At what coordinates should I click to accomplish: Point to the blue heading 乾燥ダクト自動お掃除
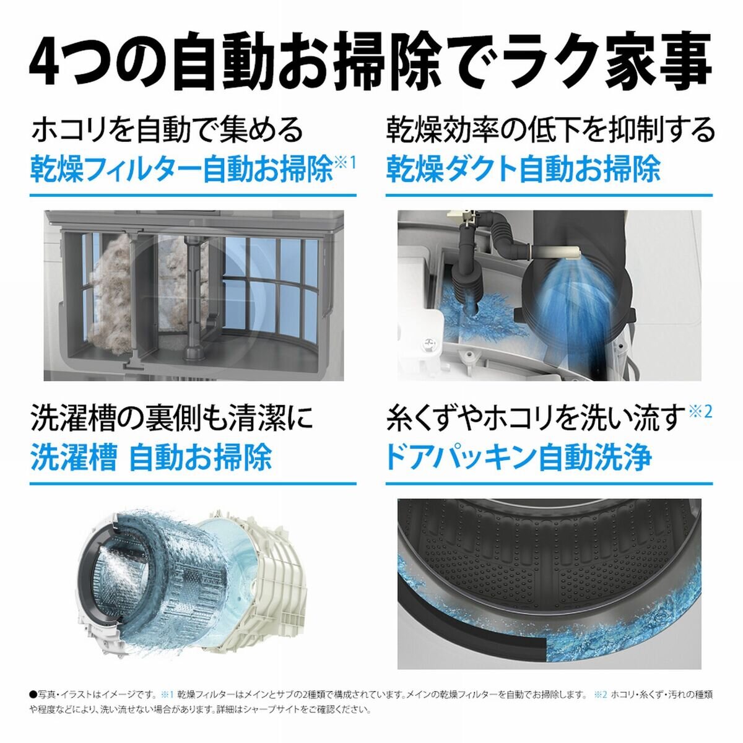coord(523,169)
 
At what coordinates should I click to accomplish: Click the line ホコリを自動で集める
coord(167,129)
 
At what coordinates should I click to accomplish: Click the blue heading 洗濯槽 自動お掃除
coord(151,458)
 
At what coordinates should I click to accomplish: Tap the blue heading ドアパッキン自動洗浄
coord(519,458)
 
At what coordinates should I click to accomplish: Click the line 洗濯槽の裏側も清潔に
coord(172,419)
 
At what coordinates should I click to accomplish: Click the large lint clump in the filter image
coord(111,291)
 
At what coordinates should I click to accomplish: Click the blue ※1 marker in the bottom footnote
coord(166,695)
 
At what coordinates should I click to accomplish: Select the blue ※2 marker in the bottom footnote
coord(599,695)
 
